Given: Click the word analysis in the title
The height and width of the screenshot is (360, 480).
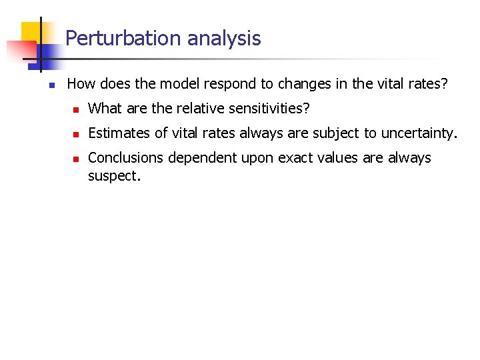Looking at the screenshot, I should point(224,38).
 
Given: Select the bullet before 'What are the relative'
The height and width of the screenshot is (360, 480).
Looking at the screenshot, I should point(76,109).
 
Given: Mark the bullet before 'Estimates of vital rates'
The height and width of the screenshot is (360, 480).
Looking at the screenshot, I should point(76,134).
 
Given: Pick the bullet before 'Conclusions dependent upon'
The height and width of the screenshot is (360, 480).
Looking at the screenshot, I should point(76,159).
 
